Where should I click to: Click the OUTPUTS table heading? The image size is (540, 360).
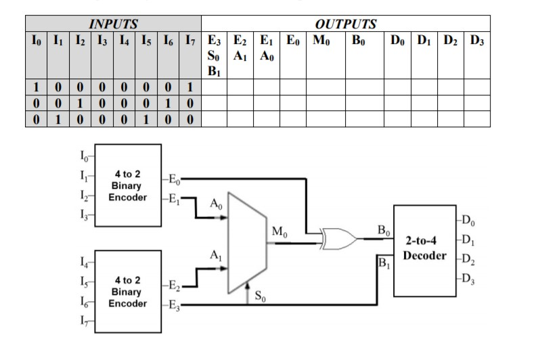[345, 24]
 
